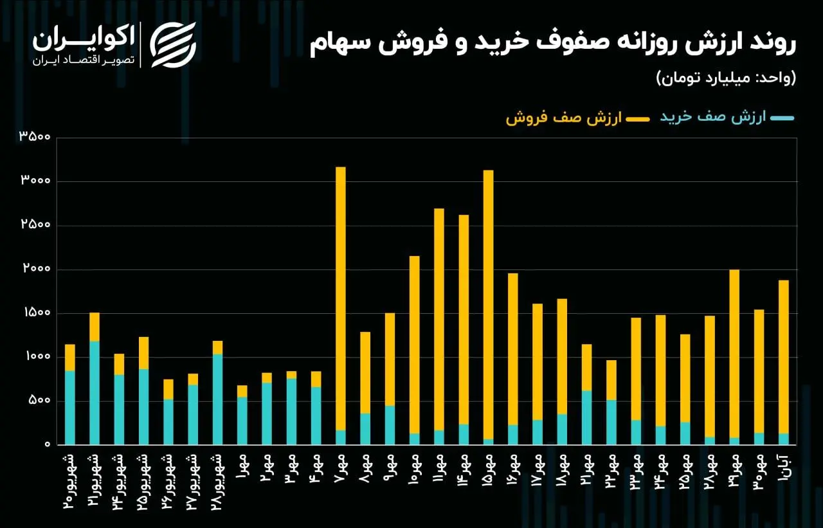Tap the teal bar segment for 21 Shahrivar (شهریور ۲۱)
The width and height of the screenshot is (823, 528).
pos(95,392)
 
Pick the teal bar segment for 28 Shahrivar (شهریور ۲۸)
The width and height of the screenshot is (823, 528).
pos(217,399)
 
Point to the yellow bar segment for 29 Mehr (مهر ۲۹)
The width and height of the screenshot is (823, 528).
pos(734,353)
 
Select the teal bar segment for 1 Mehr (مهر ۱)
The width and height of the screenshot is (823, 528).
pos(242,421)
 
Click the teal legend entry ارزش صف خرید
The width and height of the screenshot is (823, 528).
pos(727,118)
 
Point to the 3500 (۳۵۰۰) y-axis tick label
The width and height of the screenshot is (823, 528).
pos(35,137)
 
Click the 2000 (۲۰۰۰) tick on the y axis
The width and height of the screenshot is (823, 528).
pos(35,269)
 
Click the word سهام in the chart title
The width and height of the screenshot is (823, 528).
pos(341,44)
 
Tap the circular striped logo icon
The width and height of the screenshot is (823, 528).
pos(173,44)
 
